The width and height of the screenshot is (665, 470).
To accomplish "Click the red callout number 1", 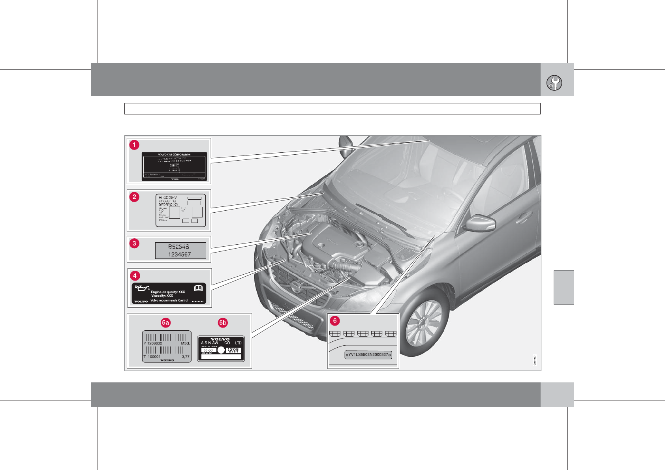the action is pos(134,145).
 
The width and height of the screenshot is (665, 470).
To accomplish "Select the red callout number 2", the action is pos(134,197).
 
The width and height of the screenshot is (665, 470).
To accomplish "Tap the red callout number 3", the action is pos(134,243).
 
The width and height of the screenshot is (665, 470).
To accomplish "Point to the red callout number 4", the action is pos(135,275).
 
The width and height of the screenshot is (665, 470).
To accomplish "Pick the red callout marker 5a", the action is pos(165,322).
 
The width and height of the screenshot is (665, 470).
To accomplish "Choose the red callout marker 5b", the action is pos(223,322).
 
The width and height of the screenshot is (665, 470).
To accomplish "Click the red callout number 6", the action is pos(335,320).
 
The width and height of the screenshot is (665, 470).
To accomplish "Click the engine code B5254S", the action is pos(178,247).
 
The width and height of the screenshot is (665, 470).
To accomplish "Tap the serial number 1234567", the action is pos(179,255).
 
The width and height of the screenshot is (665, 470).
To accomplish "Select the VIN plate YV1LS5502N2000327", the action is pos(368,355).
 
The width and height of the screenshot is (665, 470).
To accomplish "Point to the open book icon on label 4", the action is pos(198,288).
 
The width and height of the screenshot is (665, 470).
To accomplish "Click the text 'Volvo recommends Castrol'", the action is pos(169,300).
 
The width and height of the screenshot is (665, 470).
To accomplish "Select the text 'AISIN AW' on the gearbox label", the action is pos(209,343).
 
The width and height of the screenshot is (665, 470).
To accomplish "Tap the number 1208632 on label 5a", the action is pos(154,343).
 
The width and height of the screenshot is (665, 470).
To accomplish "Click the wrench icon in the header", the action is pos(554,83).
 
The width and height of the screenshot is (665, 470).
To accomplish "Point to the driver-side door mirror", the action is pos(480,223).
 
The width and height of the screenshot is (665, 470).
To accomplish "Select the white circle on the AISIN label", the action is pos(221,350).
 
